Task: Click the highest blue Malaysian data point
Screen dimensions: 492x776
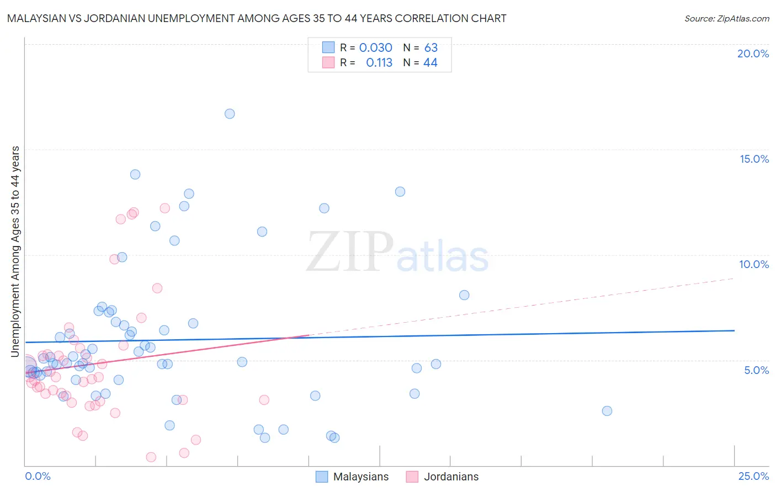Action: (x=230, y=114)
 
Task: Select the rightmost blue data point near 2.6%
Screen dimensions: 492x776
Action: (x=607, y=411)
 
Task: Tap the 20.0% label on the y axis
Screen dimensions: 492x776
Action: (x=753, y=54)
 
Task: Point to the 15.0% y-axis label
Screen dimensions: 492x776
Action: (x=754, y=159)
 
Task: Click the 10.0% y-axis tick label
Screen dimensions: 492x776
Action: (x=754, y=264)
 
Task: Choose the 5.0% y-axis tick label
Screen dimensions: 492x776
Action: (x=756, y=370)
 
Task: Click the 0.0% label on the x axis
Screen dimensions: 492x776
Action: (x=38, y=476)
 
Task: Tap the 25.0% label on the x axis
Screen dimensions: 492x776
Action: (x=753, y=476)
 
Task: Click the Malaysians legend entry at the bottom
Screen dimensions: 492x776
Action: (x=360, y=477)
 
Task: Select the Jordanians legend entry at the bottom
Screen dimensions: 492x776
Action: (x=451, y=477)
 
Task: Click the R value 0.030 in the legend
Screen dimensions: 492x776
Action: (x=375, y=48)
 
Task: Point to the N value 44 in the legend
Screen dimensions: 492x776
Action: (x=430, y=63)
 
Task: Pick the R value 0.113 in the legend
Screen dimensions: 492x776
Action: (x=379, y=63)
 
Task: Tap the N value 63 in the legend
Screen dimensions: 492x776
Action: (x=430, y=48)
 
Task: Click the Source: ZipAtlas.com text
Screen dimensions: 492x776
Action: (x=726, y=19)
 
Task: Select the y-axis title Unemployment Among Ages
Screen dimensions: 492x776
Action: (x=15, y=251)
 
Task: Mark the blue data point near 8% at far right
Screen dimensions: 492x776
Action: (x=464, y=295)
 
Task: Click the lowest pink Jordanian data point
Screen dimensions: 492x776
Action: (x=151, y=457)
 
